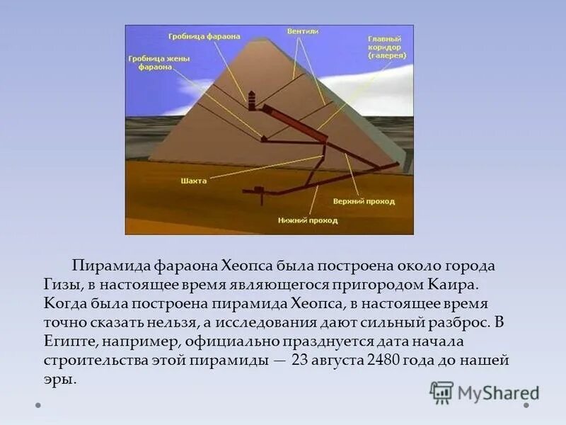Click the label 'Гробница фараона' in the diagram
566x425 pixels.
click(x=203, y=36)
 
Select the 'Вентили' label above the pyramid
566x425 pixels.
click(x=302, y=32)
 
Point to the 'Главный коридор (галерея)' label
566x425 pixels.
click(x=385, y=47)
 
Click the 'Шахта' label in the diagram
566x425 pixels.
click(x=193, y=181)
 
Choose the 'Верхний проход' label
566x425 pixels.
click(x=363, y=202)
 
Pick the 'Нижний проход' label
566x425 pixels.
click(x=306, y=220)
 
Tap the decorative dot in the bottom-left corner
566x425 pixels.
click(x=38, y=406)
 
